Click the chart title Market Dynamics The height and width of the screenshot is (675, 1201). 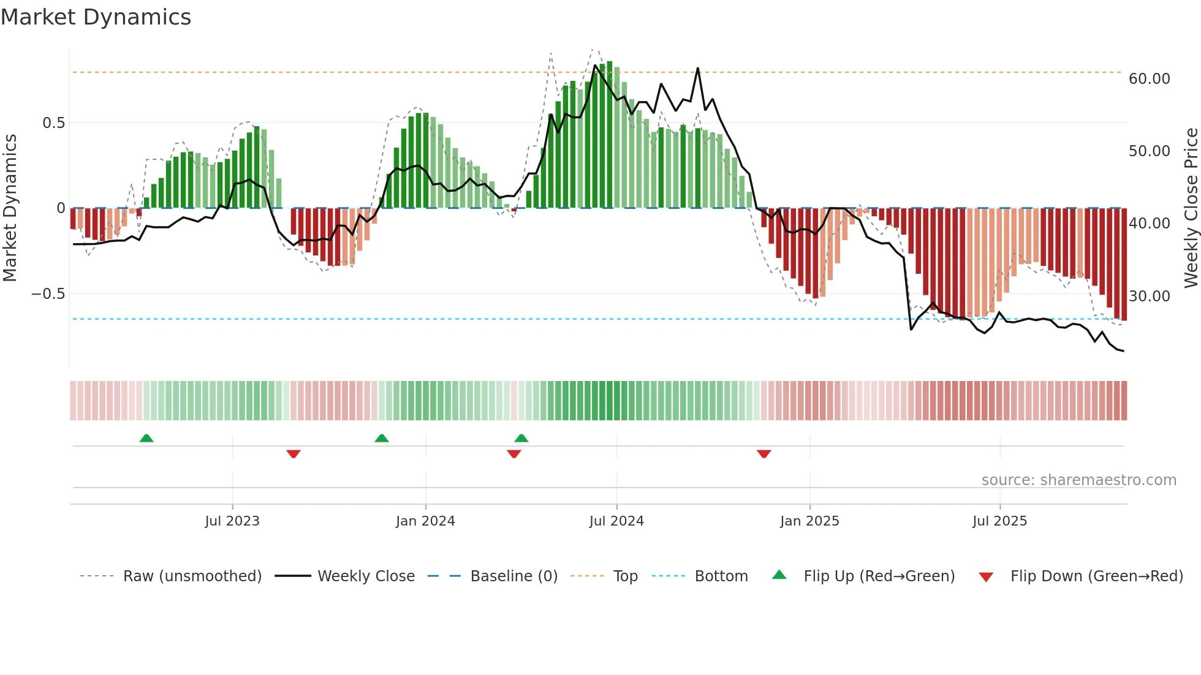pos(96,17)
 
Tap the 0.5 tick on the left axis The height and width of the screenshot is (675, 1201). pos(53,123)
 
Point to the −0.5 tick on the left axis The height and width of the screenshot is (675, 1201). pos(48,294)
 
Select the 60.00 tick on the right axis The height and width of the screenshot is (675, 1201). pos(1149,79)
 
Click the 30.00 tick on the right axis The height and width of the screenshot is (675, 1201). pos(1149,296)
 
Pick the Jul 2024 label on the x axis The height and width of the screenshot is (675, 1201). pos(616,521)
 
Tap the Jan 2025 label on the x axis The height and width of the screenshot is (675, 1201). pos(809,521)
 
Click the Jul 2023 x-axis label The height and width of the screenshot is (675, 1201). pos(232,521)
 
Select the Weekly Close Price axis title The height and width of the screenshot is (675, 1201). pos(1191,208)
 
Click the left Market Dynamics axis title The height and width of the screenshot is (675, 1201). pos(10,208)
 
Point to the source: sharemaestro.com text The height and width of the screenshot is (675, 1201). pos(1078,480)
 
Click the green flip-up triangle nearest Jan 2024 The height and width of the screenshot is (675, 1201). pos(382,439)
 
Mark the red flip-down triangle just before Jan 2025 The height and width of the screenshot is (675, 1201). pos(763,454)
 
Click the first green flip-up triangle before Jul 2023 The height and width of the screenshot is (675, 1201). pos(146,439)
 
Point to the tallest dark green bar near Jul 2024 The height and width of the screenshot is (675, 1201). pos(610,135)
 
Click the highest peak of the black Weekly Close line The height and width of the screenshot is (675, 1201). pos(698,69)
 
